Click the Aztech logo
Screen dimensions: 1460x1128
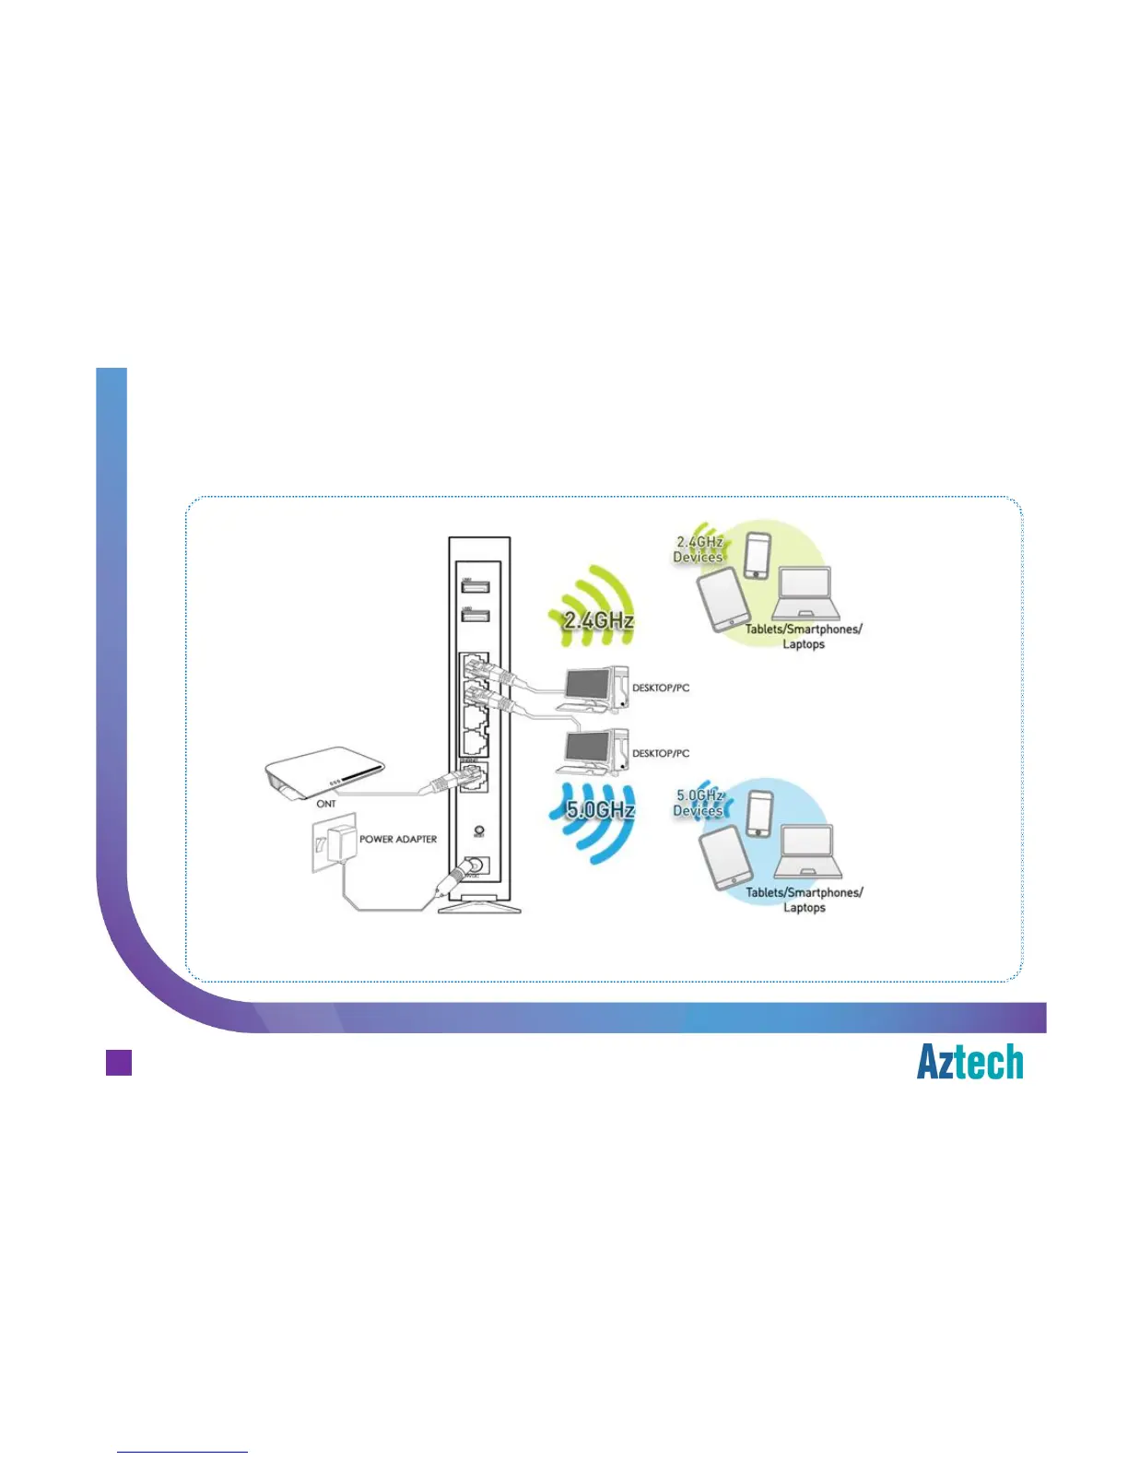969,1062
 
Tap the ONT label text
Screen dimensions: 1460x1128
326,804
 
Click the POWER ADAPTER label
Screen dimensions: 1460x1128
398,840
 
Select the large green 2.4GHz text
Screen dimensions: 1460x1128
599,620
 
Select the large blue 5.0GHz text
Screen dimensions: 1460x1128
600,810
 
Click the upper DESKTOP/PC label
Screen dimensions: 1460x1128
661,688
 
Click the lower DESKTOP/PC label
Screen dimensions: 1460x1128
661,753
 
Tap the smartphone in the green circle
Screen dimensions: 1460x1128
757,555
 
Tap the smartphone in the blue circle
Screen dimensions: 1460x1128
758,814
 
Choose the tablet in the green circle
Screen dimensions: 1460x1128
720,599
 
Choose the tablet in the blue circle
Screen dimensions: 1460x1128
722,857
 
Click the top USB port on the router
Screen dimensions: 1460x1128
475,586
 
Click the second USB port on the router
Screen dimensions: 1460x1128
475,616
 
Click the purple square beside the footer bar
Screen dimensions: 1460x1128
119,1062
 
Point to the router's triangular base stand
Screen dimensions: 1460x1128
479,908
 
